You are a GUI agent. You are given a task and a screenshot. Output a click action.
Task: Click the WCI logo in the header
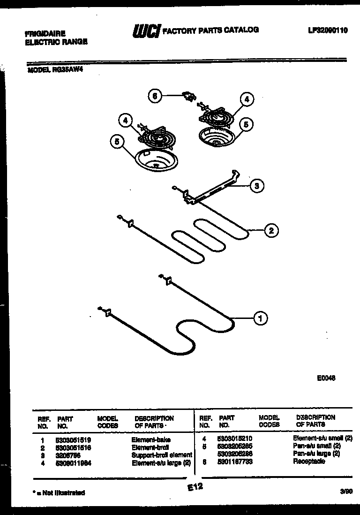(x=146, y=31)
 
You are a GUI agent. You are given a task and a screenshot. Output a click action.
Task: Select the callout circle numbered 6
(x=155, y=96)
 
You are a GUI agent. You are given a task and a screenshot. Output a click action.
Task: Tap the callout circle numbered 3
(x=256, y=186)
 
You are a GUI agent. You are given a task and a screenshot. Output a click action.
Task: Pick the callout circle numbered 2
(x=270, y=230)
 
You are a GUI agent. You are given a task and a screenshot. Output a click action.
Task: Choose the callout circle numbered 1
(x=261, y=318)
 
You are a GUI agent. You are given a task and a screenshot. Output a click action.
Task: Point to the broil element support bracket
(x=211, y=189)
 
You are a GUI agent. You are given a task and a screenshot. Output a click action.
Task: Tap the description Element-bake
(x=150, y=440)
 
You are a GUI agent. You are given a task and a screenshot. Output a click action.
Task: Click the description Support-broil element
(x=162, y=454)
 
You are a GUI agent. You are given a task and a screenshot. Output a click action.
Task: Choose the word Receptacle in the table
(x=308, y=462)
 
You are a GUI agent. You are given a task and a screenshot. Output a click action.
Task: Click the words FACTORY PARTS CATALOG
(x=210, y=30)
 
